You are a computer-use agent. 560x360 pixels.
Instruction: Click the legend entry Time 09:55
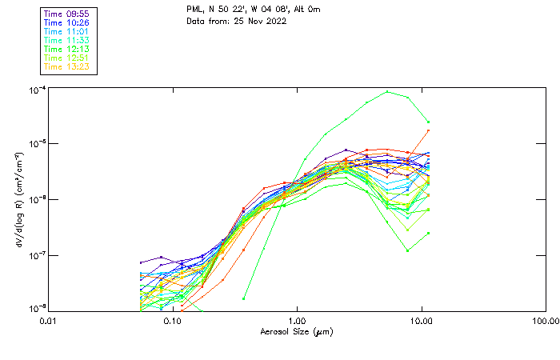coord(67,14)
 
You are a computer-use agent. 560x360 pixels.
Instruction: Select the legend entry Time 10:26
coord(67,23)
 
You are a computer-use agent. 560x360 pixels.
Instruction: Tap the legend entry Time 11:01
coord(67,32)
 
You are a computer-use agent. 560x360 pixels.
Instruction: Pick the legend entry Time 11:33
coord(67,40)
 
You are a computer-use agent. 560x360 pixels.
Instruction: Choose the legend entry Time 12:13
coord(67,49)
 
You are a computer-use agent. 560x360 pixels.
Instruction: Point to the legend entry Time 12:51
coord(67,58)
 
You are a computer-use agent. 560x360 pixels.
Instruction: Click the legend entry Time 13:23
coord(67,66)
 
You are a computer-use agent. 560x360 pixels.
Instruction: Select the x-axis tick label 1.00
coord(297,320)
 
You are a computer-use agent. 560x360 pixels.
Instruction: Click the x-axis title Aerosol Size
coord(296,331)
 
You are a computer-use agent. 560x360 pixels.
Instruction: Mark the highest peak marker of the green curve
coord(387,91)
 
